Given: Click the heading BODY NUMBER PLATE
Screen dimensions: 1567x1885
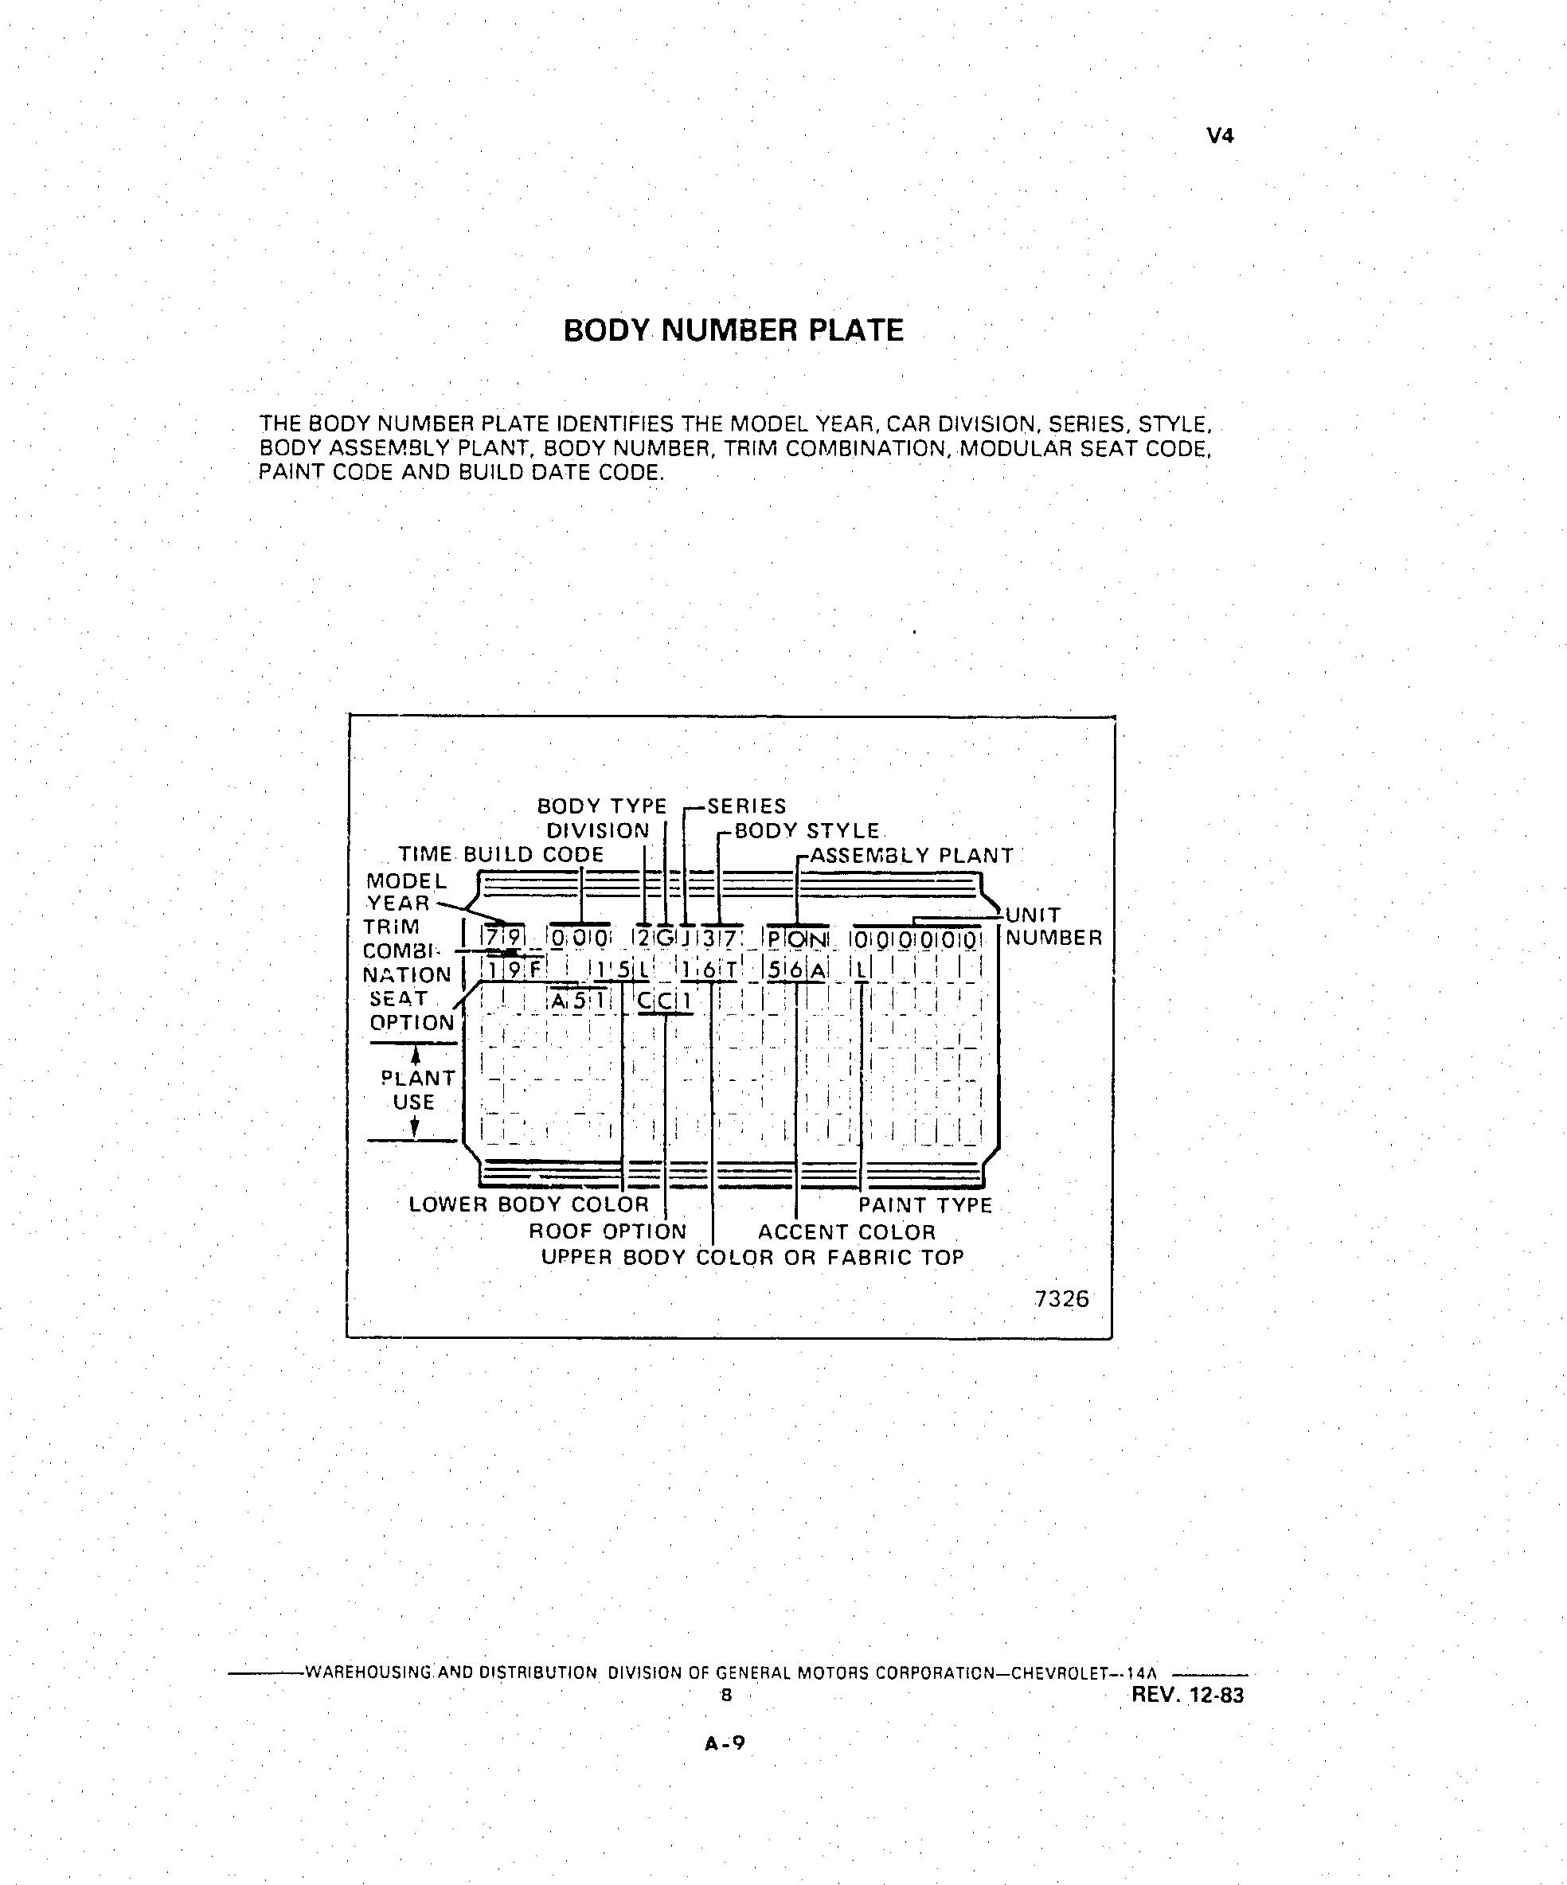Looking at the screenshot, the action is click(733, 330).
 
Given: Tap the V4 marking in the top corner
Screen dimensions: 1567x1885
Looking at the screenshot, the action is click(1221, 135).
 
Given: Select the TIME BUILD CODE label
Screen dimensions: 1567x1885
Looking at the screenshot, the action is click(501, 853).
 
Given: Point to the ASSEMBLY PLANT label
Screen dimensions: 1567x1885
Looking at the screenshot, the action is click(912, 856).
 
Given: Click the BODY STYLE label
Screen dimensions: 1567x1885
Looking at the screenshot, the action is click(807, 830).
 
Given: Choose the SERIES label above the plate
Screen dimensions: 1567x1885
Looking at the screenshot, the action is click(746, 806).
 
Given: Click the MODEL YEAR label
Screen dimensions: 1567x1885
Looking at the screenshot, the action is click(406, 892).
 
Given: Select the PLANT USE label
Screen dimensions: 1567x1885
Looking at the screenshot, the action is click(417, 1090).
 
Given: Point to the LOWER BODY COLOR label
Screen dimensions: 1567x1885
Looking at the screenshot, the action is click(529, 1204).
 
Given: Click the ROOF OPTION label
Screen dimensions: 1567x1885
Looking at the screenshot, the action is click(607, 1231).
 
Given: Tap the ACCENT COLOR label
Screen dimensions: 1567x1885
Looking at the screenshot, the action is click(847, 1232).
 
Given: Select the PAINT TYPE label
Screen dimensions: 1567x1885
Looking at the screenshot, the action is click(925, 1205).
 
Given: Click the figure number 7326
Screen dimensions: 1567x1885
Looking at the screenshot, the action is click(1061, 1299).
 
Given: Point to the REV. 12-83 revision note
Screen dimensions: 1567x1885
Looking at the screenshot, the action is click(1188, 1695).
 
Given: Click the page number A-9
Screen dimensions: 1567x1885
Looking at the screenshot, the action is click(725, 1743).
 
